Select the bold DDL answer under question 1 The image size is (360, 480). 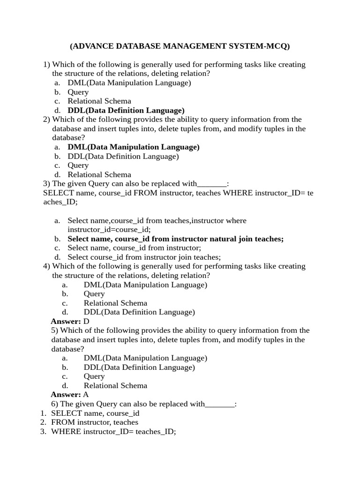(126, 110)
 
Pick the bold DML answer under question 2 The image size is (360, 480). (134, 147)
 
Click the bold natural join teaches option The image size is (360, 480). (175, 239)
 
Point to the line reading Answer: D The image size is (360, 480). (70, 321)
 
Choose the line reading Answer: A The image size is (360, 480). (69, 394)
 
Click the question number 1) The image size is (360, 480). (46, 64)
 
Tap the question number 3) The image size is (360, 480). (46, 183)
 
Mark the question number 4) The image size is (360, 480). (46, 266)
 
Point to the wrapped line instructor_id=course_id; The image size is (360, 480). (109, 229)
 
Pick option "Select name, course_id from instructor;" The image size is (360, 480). (134, 247)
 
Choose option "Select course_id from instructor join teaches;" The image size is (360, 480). (144, 257)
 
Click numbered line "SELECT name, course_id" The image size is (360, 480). (95, 413)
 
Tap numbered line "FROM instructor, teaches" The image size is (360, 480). (94, 422)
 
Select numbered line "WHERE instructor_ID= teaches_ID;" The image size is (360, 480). (113, 431)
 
